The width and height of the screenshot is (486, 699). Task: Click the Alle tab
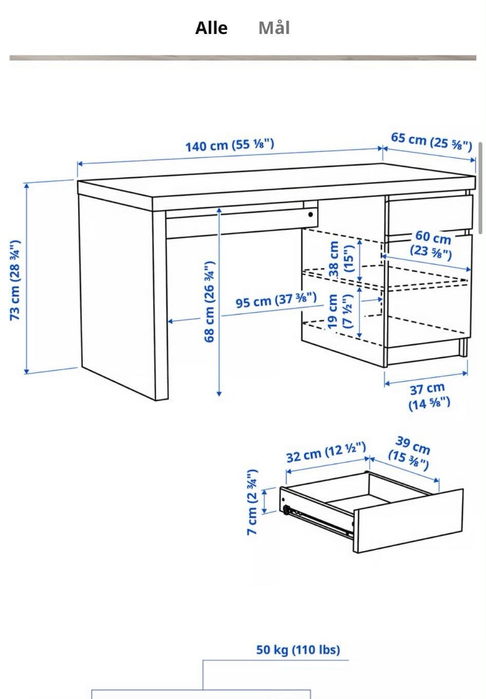tap(211, 28)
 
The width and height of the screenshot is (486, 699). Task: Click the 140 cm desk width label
tap(230, 145)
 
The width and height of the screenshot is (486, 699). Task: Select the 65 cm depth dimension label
tap(432, 142)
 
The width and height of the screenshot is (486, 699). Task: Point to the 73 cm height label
tap(15, 280)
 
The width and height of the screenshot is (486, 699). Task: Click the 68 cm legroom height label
tap(210, 301)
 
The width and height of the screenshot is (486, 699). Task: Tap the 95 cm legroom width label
tap(276, 300)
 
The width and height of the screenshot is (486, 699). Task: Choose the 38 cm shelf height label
tap(341, 259)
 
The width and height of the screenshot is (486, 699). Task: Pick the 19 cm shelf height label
tap(340, 311)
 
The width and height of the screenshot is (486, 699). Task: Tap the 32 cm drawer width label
tap(326, 452)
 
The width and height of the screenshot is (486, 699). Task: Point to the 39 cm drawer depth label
tap(410, 454)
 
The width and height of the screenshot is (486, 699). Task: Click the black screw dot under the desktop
tap(310, 214)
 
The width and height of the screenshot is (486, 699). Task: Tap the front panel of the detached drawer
tap(408, 520)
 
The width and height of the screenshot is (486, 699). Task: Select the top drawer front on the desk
tap(429, 214)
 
